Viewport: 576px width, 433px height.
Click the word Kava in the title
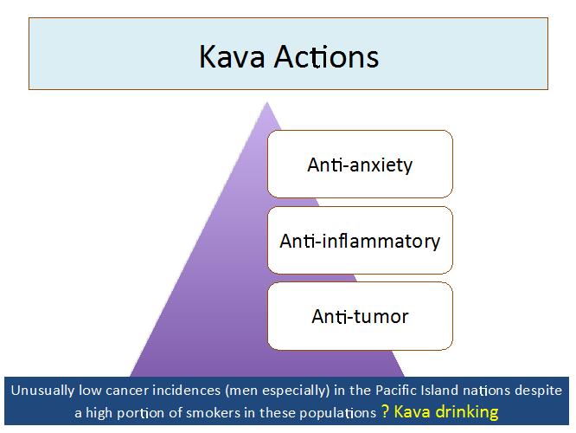pyautogui.click(x=232, y=56)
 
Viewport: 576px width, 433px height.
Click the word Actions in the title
pyautogui.click(x=327, y=56)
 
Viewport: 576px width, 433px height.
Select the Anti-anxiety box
pyautogui.click(x=360, y=164)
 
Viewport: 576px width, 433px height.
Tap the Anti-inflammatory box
pyautogui.click(x=360, y=240)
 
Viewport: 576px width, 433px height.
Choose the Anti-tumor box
pyautogui.click(x=360, y=316)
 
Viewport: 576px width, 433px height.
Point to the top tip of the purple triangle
pyautogui.click(x=267, y=103)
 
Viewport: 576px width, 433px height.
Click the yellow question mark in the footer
pyautogui.click(x=385, y=412)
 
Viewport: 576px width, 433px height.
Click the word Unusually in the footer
pyautogui.click(x=42, y=391)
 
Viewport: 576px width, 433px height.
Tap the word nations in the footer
pyautogui.click(x=486, y=391)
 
